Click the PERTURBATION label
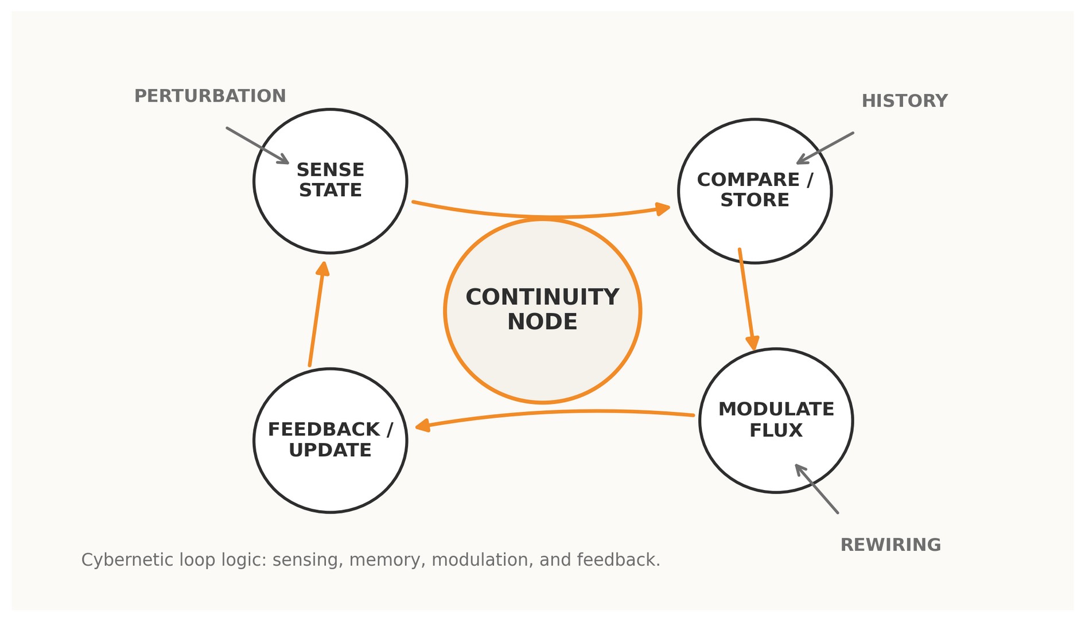coord(210,96)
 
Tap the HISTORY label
coord(904,101)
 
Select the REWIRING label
coord(890,545)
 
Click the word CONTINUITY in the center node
coord(542,297)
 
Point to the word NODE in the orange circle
coord(542,322)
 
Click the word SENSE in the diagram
coord(330,170)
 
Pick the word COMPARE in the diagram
coord(748,180)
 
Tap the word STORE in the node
coord(755,200)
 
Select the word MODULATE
coord(776,409)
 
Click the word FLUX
coord(776,430)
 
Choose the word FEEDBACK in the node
coord(324,429)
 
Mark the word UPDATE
coord(330,450)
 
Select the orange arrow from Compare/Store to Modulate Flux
coord(746,298)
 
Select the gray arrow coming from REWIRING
coord(817,489)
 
